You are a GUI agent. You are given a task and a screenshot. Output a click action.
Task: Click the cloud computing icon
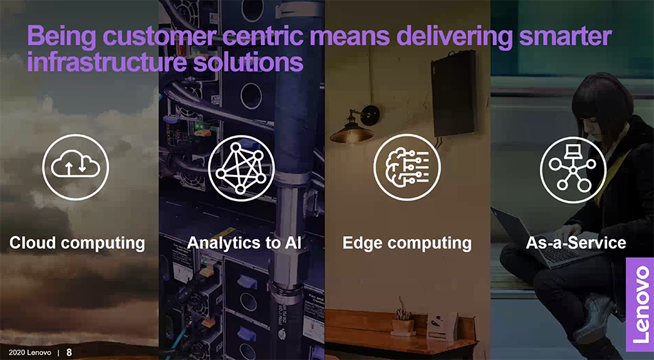click(x=76, y=167)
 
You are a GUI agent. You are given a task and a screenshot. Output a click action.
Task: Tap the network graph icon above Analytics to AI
click(x=241, y=168)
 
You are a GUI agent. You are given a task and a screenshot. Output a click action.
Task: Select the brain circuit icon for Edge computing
click(x=407, y=168)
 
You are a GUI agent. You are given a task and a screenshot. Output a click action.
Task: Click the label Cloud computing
click(x=77, y=243)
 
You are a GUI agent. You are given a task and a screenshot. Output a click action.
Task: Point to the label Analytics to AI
click(x=244, y=242)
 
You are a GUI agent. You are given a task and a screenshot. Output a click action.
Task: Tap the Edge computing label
click(x=407, y=243)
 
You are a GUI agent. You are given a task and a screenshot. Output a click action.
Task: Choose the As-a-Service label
click(x=576, y=242)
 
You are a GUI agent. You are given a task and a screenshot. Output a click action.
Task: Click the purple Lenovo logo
click(x=640, y=304)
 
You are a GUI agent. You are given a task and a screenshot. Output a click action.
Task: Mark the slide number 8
click(x=70, y=352)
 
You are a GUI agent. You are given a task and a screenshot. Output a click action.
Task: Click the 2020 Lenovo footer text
click(x=30, y=352)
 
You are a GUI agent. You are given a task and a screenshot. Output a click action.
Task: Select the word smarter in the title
click(x=565, y=36)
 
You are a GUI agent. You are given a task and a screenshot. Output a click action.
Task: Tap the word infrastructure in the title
click(x=106, y=62)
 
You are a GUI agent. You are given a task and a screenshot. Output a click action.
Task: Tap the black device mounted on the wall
click(x=454, y=94)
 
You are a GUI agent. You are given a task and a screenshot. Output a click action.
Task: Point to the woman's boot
click(x=593, y=317)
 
